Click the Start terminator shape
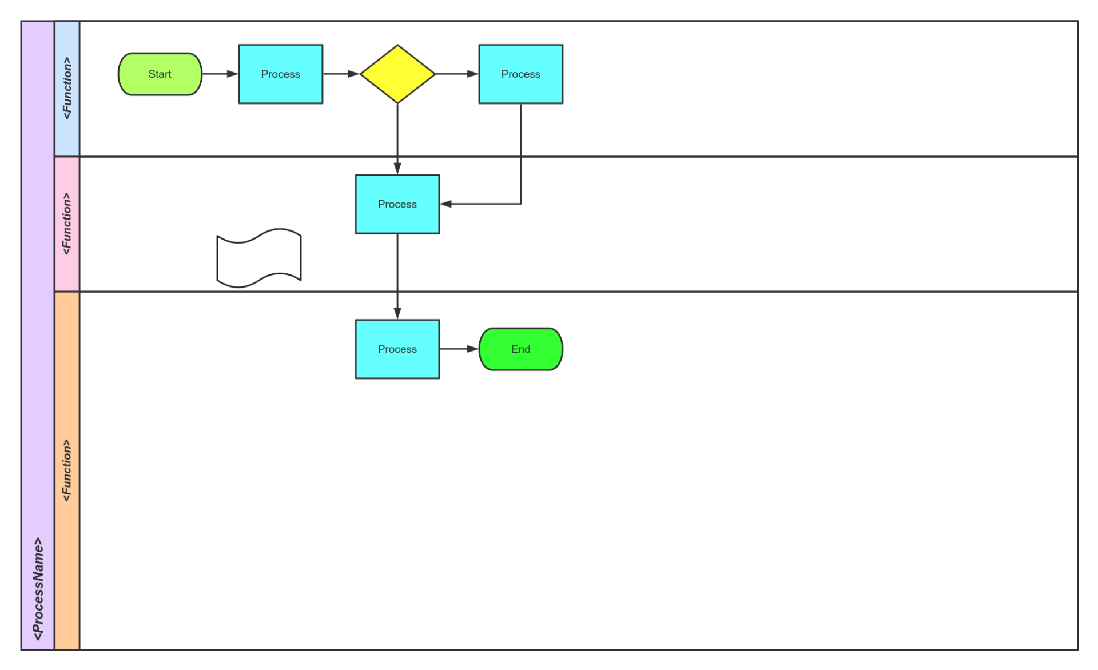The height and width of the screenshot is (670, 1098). tap(160, 74)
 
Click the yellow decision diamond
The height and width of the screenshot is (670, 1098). tap(397, 74)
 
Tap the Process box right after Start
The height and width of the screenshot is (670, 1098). tap(280, 74)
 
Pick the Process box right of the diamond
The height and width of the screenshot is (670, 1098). tap(520, 74)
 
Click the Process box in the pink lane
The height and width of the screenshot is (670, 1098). tap(397, 204)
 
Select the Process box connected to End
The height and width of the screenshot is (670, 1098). tap(397, 349)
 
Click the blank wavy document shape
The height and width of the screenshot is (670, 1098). tap(258, 258)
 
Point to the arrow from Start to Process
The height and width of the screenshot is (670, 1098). tap(220, 74)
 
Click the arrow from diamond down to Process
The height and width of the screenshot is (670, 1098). tap(397, 137)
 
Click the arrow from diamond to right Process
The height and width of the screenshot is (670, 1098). tap(456, 74)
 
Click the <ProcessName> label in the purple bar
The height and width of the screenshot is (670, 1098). tap(38, 589)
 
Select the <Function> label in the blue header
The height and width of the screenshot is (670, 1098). tap(67, 89)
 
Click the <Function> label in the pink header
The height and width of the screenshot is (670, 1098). tap(67, 224)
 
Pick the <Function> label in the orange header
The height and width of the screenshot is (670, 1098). tap(67, 470)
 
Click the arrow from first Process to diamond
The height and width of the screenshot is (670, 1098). tap(341, 74)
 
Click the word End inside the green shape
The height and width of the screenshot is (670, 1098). tap(520, 349)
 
